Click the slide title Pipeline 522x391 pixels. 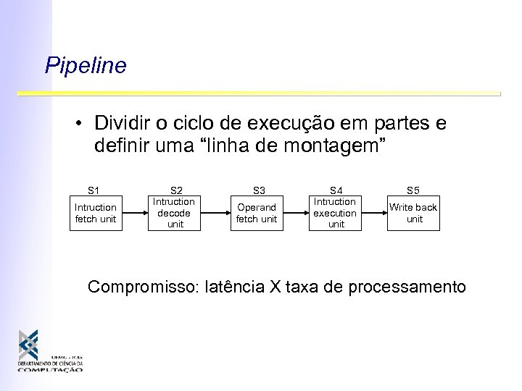click(x=86, y=66)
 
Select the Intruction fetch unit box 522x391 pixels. click(x=95, y=213)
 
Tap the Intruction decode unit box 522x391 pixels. click(x=175, y=213)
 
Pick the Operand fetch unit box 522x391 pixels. click(x=256, y=213)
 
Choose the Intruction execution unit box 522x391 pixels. click(x=336, y=213)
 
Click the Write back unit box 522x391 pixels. click(x=413, y=213)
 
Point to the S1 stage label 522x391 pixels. click(x=94, y=191)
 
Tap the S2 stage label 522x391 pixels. click(x=176, y=190)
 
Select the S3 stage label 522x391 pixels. click(x=257, y=191)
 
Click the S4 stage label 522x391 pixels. click(x=336, y=190)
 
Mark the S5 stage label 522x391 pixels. click(x=413, y=191)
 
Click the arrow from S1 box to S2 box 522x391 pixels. click(x=136, y=213)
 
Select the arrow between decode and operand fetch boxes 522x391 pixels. click(x=215, y=213)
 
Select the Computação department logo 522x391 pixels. click(x=51, y=350)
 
